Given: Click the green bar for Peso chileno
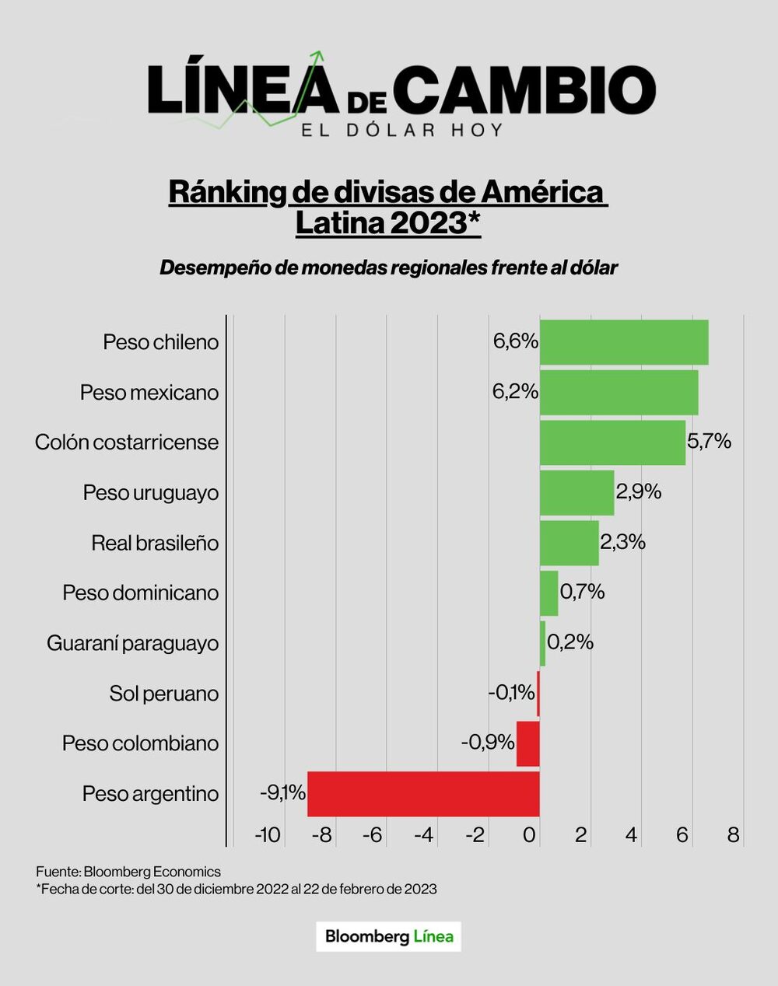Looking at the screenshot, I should coord(624,342).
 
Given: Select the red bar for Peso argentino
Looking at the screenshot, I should coord(424,794).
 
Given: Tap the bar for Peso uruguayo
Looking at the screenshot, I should coord(576,492).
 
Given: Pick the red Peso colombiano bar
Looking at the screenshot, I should coord(528,743).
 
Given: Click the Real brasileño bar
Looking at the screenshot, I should coord(569,543).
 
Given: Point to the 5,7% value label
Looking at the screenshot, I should coord(709,442).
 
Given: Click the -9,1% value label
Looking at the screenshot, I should coord(282,793).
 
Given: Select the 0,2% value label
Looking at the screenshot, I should coord(570,642).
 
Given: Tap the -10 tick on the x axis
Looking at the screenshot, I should coord(268,835).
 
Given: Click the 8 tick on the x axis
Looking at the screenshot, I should coord(733,835).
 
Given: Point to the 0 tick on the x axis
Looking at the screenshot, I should coord(530,835).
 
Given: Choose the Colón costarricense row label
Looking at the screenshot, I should coord(127,442).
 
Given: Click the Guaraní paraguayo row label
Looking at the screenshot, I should coord(133,643).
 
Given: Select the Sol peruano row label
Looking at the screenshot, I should coord(164,694).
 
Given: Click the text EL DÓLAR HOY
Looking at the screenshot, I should coord(402,129).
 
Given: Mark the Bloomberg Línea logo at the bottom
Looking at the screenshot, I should coord(388,936).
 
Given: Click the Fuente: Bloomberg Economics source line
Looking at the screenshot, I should coord(128,872).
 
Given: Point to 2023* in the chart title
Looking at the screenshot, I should coord(435,223).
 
